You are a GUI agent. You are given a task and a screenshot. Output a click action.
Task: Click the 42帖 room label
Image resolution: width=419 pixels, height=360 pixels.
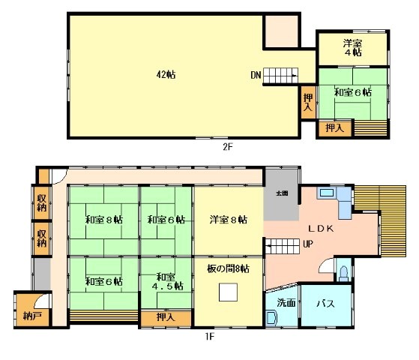(166, 74)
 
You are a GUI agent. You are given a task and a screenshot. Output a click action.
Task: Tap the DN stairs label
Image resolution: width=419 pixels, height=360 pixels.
(256, 74)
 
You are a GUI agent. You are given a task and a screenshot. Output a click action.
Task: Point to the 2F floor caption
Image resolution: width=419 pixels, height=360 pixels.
(228, 147)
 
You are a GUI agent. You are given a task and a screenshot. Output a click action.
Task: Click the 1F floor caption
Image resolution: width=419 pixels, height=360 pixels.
(211, 336)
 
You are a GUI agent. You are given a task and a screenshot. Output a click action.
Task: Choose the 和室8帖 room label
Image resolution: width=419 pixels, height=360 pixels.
(103, 220)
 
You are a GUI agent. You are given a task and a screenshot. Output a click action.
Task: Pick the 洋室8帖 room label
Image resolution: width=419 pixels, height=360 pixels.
(228, 220)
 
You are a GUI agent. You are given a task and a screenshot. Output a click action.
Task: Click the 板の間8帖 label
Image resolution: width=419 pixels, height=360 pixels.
(228, 268)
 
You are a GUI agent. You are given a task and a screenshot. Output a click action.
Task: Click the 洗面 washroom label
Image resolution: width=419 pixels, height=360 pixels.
(286, 304)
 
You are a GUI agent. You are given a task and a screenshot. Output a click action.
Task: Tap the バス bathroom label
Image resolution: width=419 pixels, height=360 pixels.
(324, 304)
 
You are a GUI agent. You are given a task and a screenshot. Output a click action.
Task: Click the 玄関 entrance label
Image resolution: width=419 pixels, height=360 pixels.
(282, 193)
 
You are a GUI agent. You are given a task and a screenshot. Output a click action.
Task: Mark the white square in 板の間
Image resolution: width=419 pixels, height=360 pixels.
(229, 292)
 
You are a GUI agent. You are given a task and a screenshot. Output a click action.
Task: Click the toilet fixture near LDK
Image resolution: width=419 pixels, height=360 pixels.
(343, 271)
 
